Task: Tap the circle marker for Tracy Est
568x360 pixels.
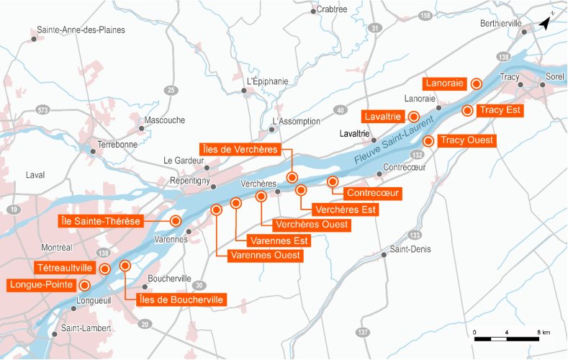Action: click(467, 111)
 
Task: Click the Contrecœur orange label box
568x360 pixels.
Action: click(372, 193)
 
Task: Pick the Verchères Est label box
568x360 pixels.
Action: click(346, 210)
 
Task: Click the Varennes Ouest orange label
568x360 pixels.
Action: click(264, 255)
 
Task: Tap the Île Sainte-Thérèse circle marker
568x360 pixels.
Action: click(176, 220)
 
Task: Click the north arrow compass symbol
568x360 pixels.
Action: click(545, 22)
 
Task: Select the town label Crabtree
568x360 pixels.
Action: click(332, 9)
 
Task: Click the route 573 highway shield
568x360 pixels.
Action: click(42, 109)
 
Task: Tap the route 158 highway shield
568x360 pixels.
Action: click(425, 15)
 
